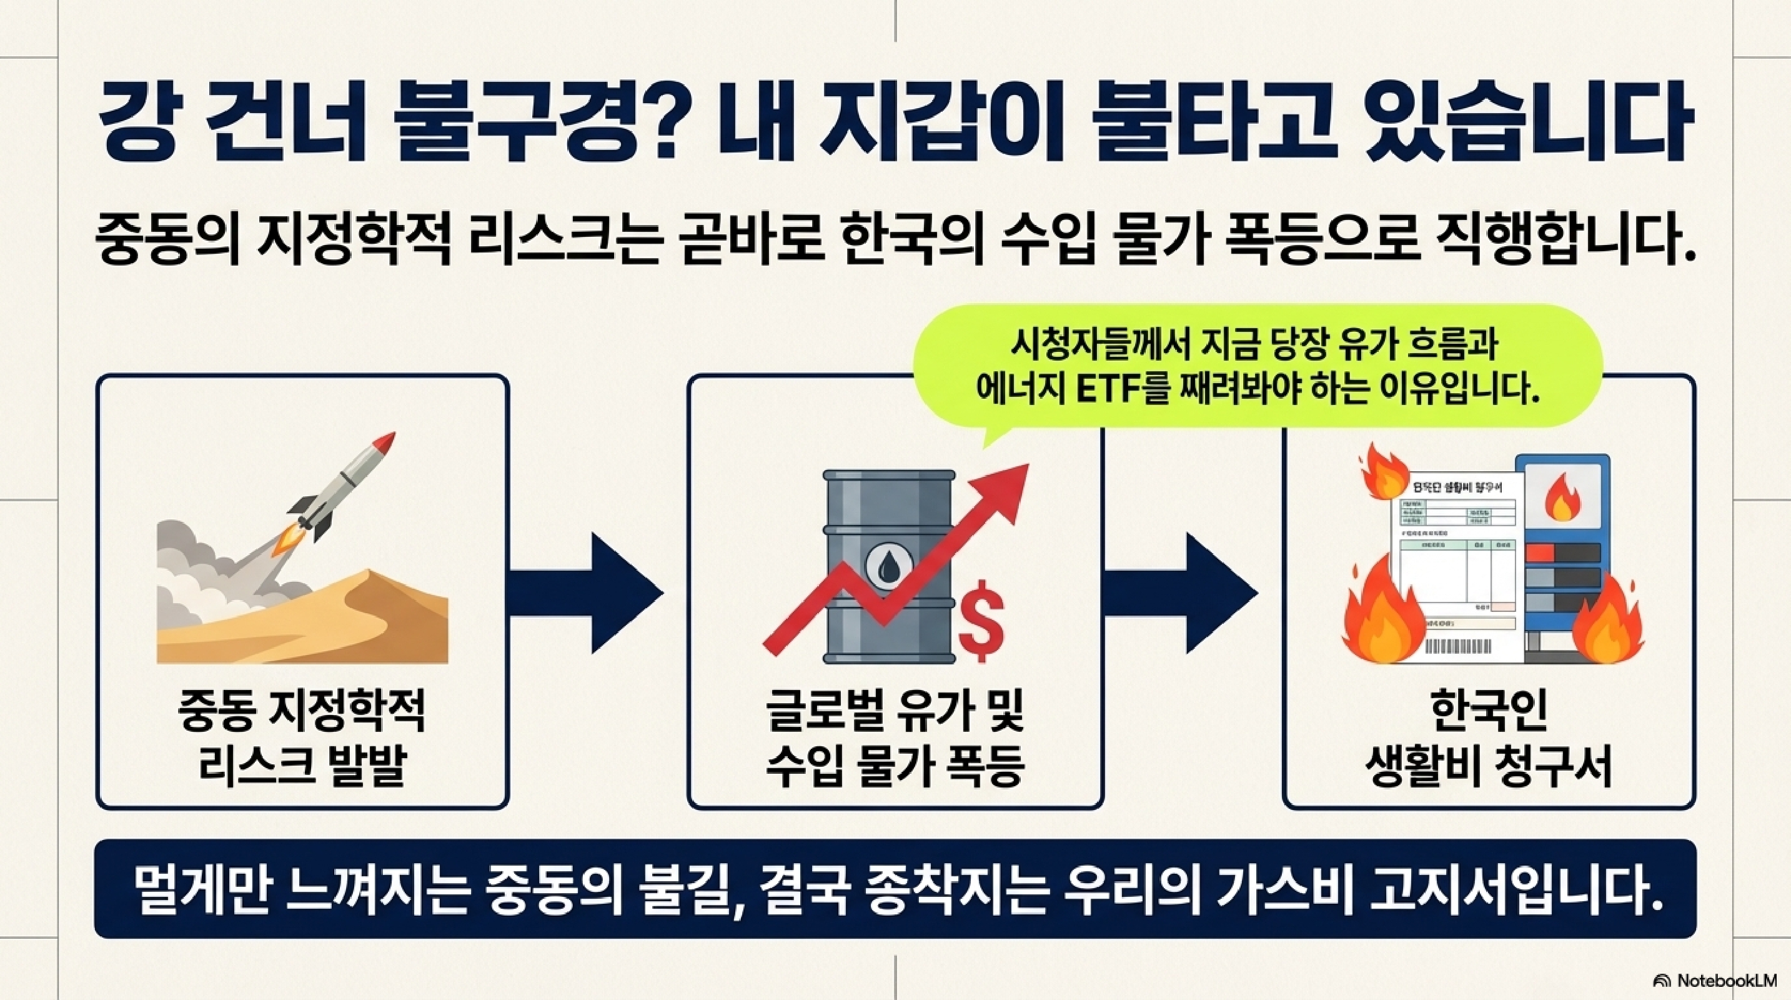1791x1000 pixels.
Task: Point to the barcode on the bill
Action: (1458, 647)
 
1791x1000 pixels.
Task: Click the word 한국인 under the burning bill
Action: (1488, 712)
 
